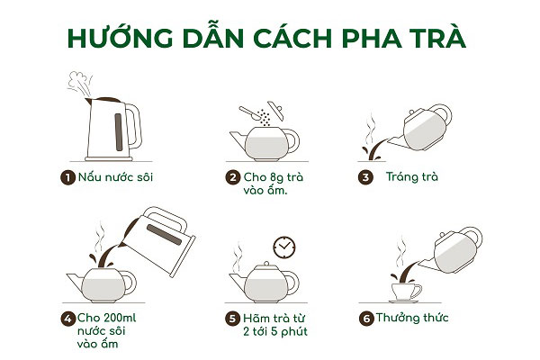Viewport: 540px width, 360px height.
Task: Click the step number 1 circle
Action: [67, 178]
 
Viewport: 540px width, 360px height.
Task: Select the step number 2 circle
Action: [233, 178]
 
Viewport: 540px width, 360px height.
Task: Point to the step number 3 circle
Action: [365, 178]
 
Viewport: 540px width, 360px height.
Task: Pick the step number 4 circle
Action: [67, 319]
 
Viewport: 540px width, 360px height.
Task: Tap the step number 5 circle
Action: [232, 319]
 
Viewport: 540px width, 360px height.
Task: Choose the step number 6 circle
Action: [366, 319]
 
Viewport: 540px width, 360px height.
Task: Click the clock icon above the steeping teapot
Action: [284, 247]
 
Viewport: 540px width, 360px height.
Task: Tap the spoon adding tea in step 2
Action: [250, 113]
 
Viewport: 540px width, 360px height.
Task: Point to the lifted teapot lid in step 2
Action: [275, 110]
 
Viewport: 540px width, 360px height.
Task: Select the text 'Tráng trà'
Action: [412, 177]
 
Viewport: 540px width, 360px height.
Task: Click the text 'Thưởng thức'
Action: [412, 318]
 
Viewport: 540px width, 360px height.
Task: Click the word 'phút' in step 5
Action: [294, 332]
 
